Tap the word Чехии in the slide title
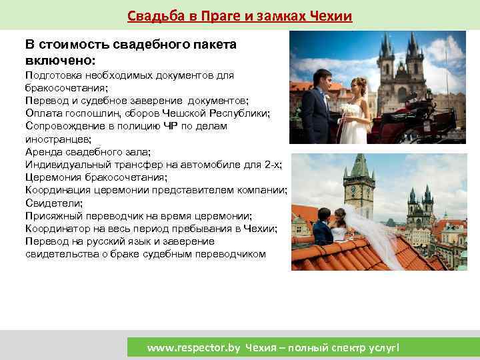coord(329,16)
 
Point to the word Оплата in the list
coord(42,113)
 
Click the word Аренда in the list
coord(42,152)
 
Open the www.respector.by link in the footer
coord(194,347)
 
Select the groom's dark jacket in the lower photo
coord(323,233)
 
